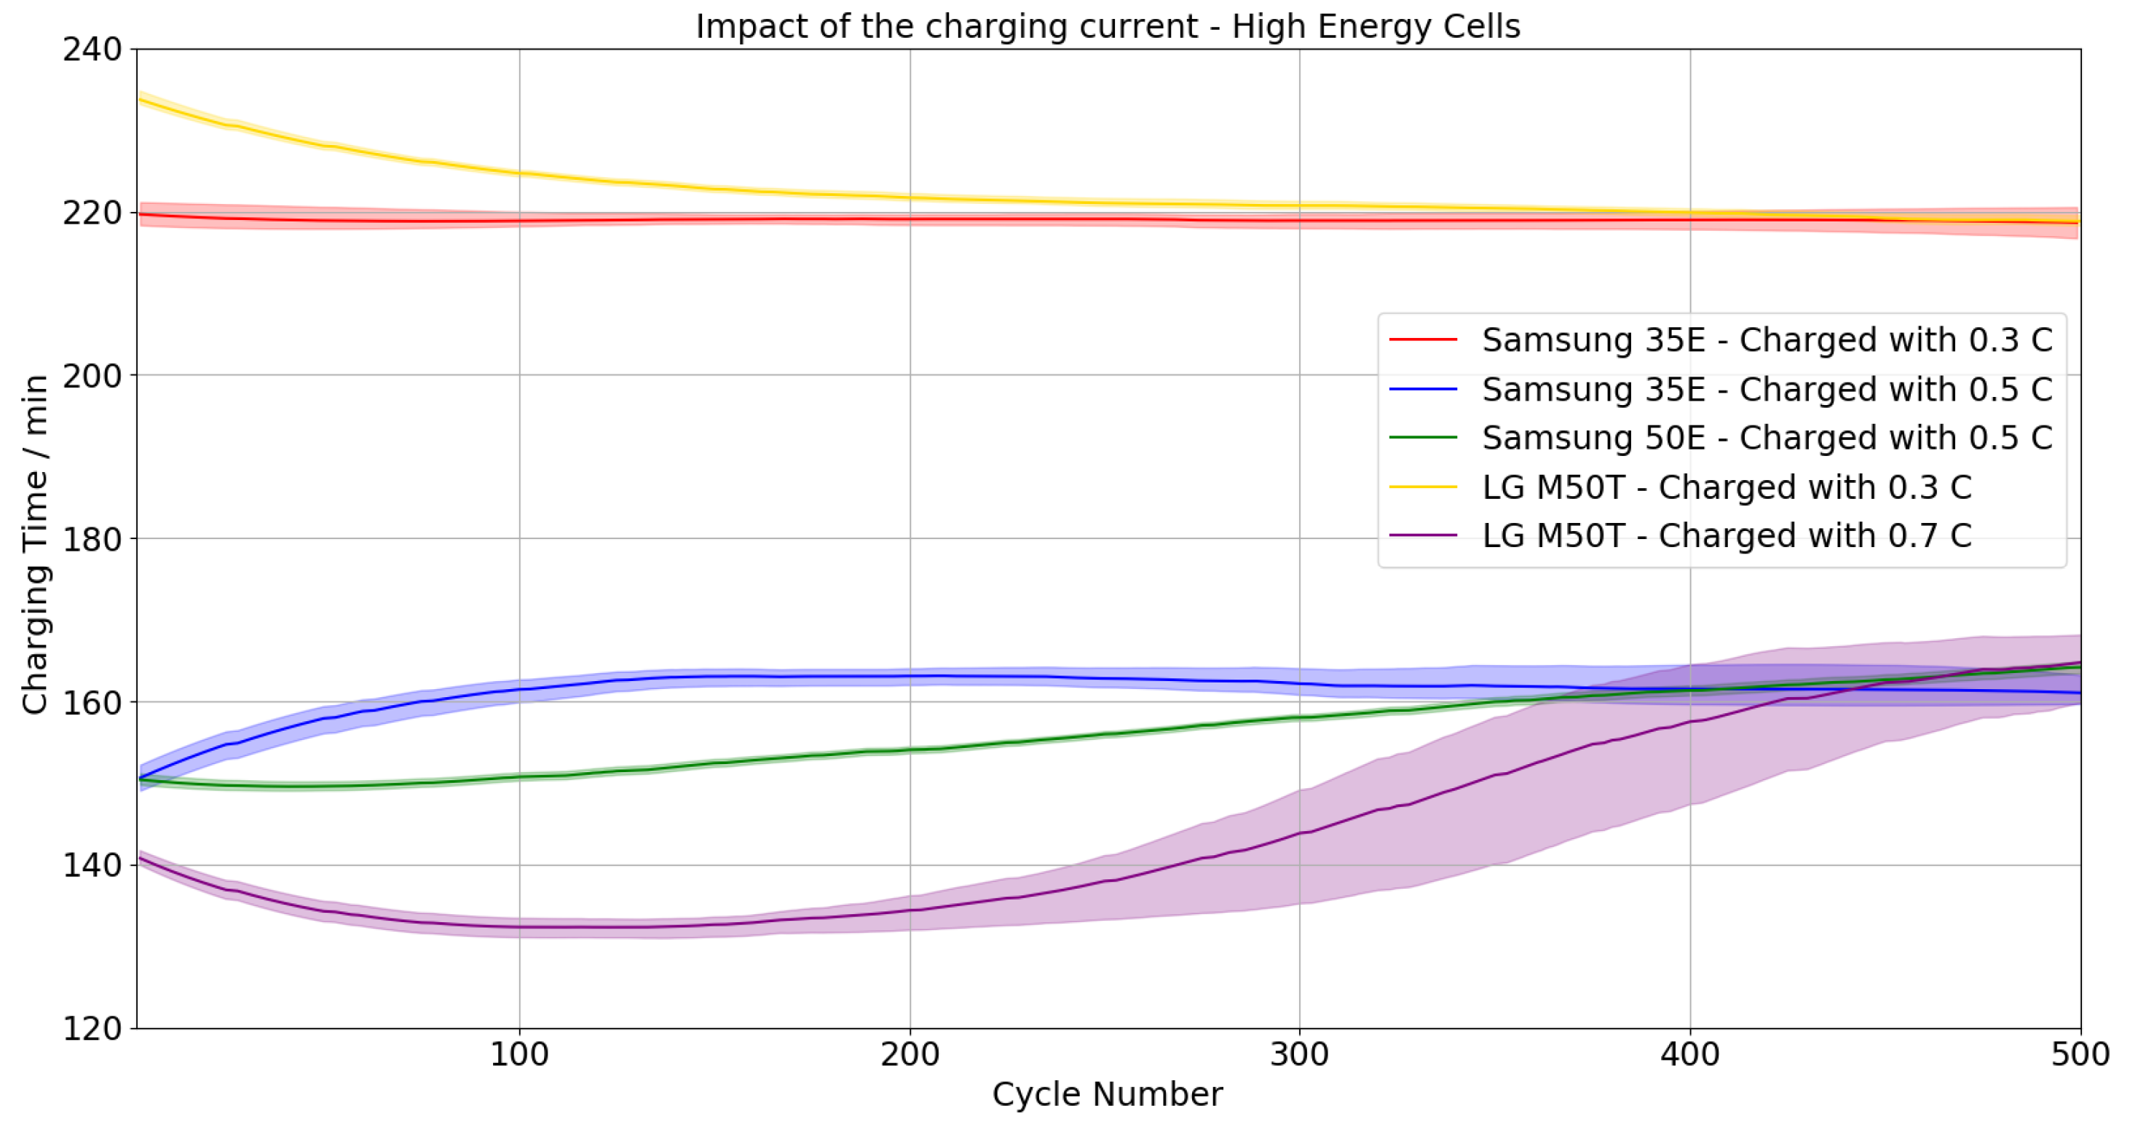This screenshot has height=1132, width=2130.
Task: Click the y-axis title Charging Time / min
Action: click(x=35, y=544)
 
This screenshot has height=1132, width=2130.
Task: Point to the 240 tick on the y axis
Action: click(x=92, y=50)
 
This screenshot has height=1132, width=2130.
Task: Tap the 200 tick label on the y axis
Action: click(x=92, y=375)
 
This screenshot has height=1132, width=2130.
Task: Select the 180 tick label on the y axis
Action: click(x=92, y=539)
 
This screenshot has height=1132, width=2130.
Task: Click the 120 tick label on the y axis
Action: click(x=92, y=1029)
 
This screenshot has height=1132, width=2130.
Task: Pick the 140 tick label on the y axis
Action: click(x=92, y=865)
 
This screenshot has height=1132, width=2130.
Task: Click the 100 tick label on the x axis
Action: click(x=519, y=1055)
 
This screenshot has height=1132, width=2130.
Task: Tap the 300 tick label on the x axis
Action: click(x=1299, y=1055)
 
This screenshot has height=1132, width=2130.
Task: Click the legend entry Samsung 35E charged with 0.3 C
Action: click(x=1766, y=340)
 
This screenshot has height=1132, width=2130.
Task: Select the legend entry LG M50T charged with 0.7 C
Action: click(x=1727, y=536)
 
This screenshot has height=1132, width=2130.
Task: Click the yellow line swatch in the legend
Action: click(x=1423, y=487)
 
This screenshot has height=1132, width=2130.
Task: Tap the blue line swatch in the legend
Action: click(x=1423, y=389)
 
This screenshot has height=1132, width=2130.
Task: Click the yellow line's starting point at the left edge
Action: click(x=139, y=99)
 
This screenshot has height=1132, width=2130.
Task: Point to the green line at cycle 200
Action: click(x=910, y=750)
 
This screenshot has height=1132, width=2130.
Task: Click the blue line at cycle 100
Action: click(x=519, y=689)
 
